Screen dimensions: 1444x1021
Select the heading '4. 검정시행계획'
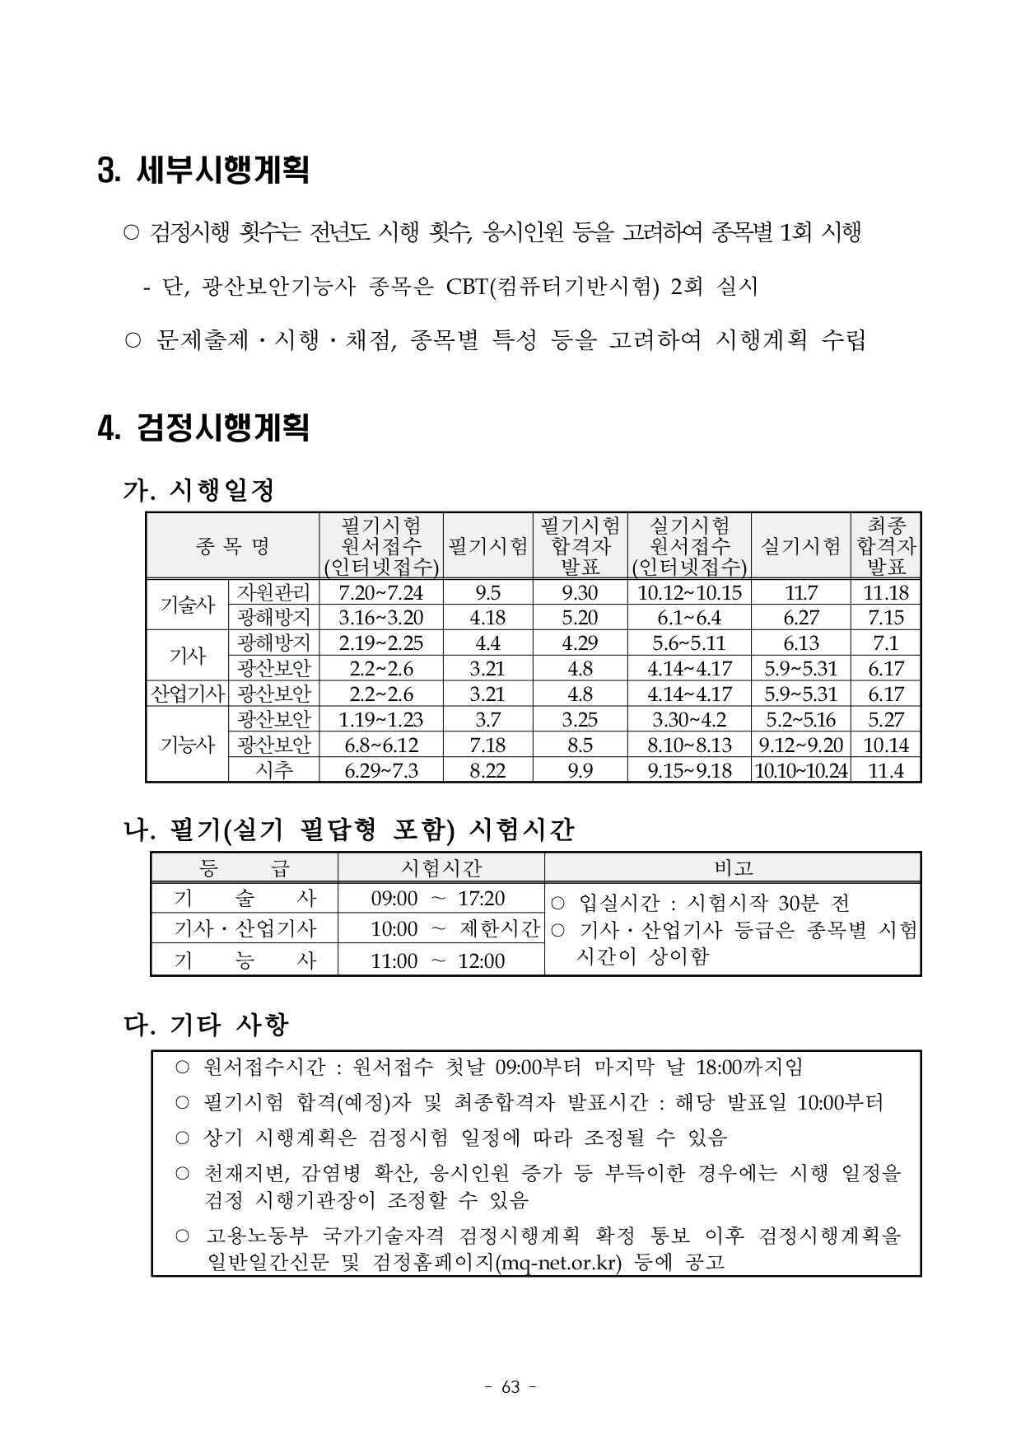click(203, 428)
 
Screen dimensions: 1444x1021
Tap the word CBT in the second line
click(467, 287)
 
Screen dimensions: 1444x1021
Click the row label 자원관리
click(273, 592)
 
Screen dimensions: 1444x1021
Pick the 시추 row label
click(273, 770)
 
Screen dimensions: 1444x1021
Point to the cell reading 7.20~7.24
click(380, 592)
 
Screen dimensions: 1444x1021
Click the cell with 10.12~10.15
click(689, 592)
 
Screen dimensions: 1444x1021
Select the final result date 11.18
click(886, 592)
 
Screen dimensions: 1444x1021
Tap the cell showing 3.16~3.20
click(380, 618)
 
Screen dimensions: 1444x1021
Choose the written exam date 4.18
click(487, 618)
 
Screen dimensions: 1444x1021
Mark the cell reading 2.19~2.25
click(380, 643)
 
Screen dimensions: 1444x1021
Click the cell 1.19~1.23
click(380, 719)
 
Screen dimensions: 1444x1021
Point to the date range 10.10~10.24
click(800, 770)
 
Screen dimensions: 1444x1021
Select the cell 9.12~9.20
click(800, 745)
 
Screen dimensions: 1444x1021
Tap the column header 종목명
click(232, 545)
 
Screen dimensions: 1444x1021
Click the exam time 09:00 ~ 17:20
click(437, 898)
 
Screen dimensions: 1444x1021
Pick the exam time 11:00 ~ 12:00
click(437, 960)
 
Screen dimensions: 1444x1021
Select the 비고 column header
click(733, 867)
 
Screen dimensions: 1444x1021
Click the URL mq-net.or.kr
click(560, 1262)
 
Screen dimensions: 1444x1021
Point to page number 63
click(510, 1386)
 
